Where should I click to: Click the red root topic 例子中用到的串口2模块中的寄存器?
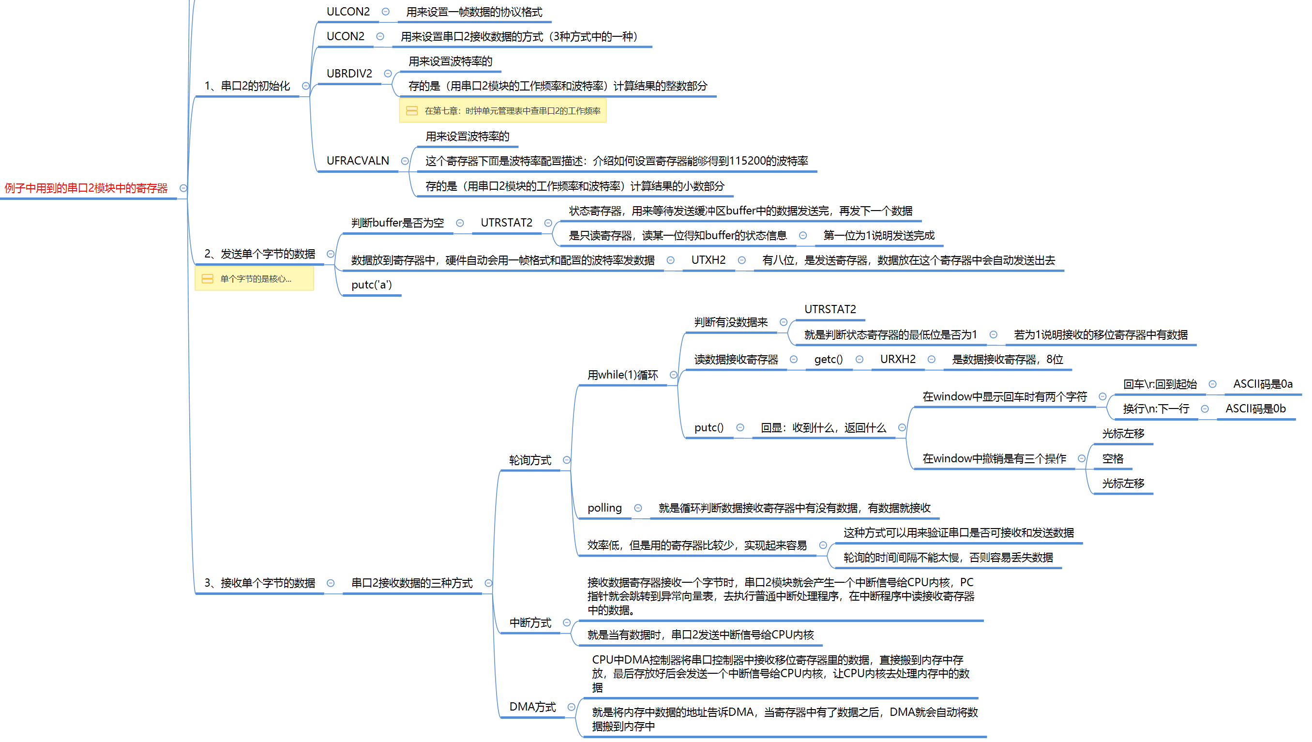click(x=86, y=188)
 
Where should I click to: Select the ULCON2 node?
click(x=348, y=12)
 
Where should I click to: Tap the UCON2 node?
click(x=346, y=36)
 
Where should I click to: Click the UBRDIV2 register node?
click(x=349, y=74)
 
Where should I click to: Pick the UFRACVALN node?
click(x=358, y=161)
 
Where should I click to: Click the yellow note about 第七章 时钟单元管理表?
click(x=503, y=110)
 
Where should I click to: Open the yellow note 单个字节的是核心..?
click(x=254, y=279)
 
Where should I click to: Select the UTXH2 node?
click(x=708, y=260)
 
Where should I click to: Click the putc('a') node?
click(x=372, y=285)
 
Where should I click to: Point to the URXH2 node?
click(x=898, y=359)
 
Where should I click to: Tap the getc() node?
click(x=829, y=359)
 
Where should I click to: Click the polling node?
click(x=605, y=508)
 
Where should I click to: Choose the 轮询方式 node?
click(x=530, y=460)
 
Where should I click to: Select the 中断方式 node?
click(x=530, y=623)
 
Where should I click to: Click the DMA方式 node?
click(x=532, y=707)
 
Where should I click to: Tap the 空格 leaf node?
click(x=1113, y=459)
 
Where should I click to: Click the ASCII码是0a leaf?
click(x=1263, y=384)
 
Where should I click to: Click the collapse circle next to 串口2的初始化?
click(x=306, y=86)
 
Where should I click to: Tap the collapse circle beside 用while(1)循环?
click(x=674, y=375)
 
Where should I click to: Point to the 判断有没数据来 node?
click(x=731, y=322)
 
